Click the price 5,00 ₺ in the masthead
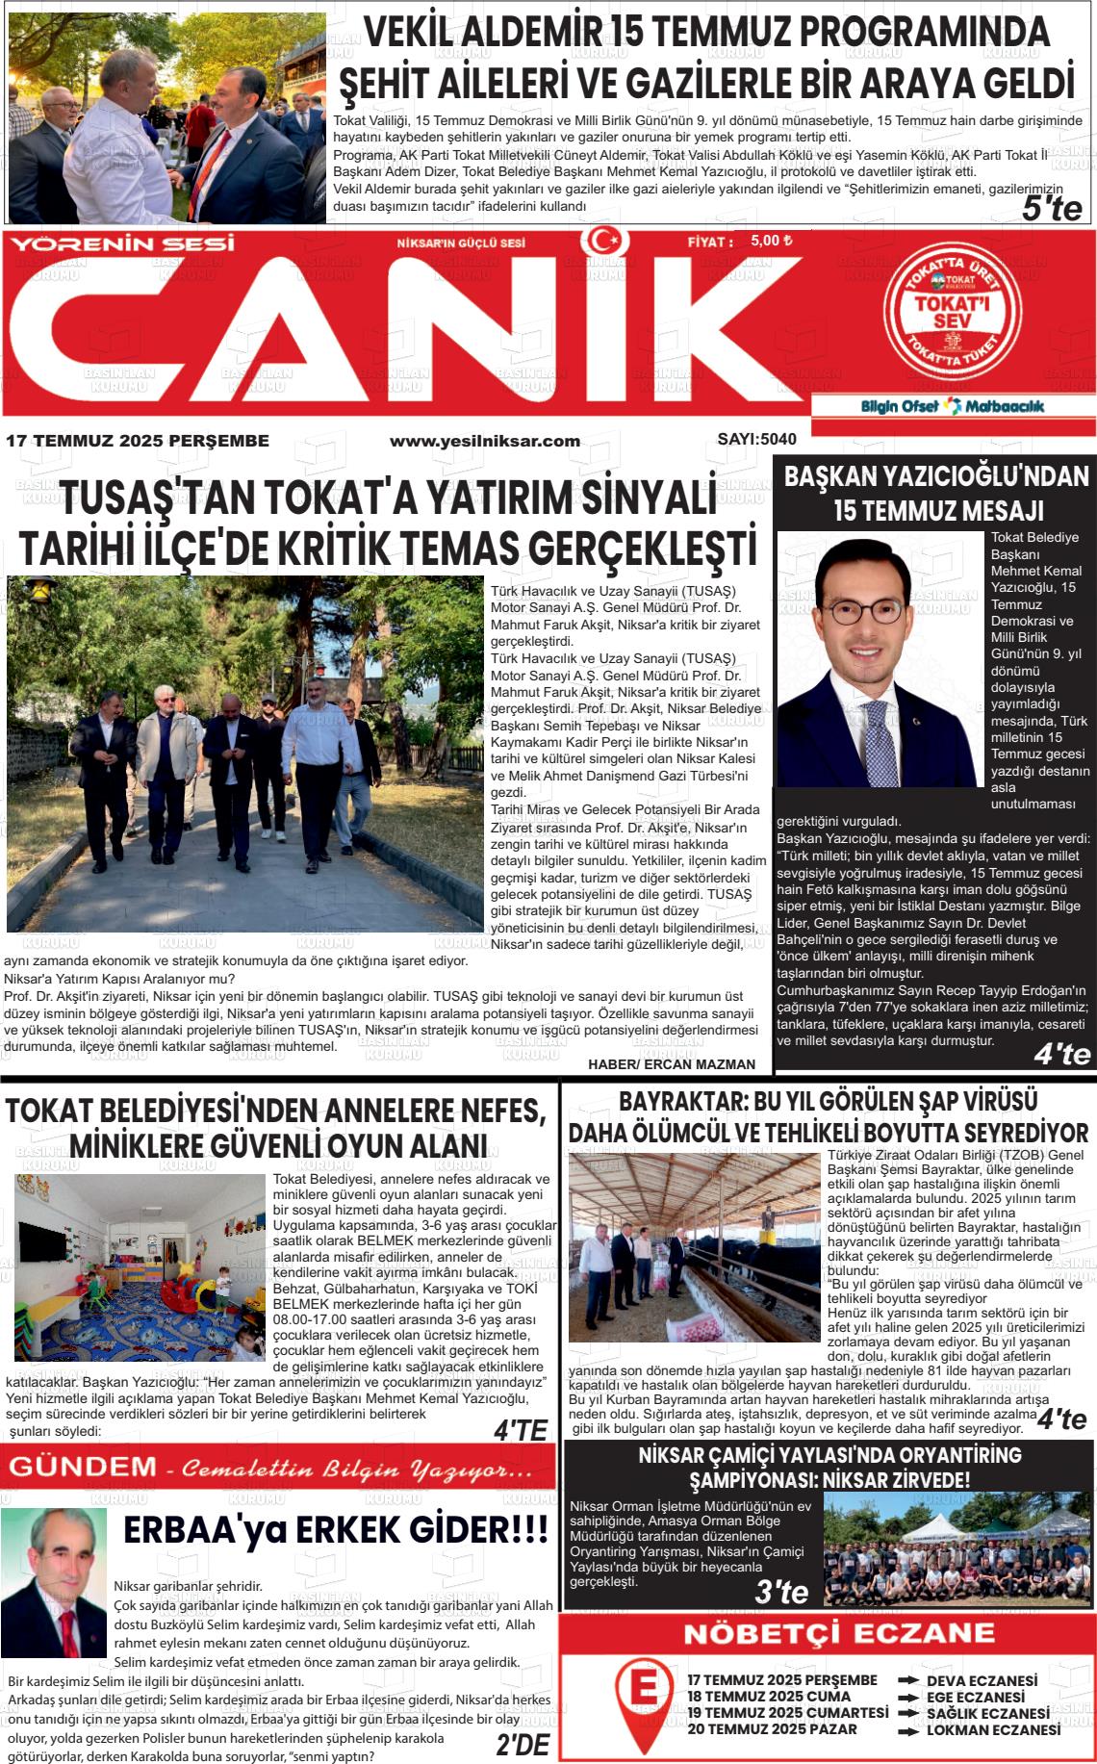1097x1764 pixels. point(771,242)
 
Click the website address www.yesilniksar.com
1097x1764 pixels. point(484,441)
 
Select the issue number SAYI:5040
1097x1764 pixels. point(756,440)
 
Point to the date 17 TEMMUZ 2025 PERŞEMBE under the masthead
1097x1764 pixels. point(138,441)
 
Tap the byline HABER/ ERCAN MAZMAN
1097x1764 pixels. point(672,1063)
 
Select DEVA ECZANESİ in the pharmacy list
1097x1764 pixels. point(982,1681)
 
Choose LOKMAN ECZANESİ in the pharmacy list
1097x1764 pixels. point(993,1729)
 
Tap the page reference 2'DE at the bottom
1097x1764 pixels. point(522,1746)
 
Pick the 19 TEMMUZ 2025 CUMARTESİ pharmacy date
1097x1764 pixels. point(787,1713)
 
